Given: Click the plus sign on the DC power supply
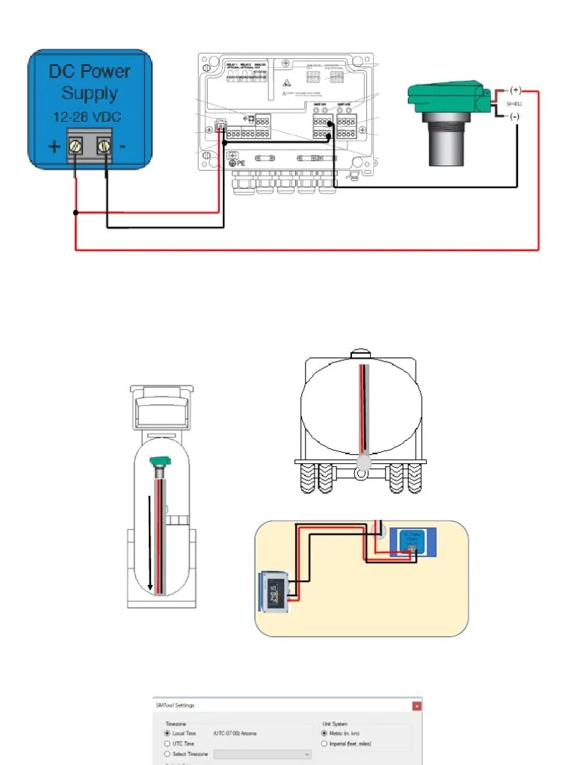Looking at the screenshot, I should (55, 147).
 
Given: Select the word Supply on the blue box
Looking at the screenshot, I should (90, 93).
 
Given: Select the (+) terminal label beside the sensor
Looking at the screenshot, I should (515, 91).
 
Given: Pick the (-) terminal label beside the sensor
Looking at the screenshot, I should (515, 117).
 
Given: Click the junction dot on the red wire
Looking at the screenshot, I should (76, 213).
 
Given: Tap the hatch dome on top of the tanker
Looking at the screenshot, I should (362, 353).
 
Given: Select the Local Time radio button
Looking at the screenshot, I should (167, 734).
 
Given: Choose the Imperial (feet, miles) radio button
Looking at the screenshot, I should (323, 744).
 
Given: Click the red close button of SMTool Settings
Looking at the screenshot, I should (417, 705).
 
